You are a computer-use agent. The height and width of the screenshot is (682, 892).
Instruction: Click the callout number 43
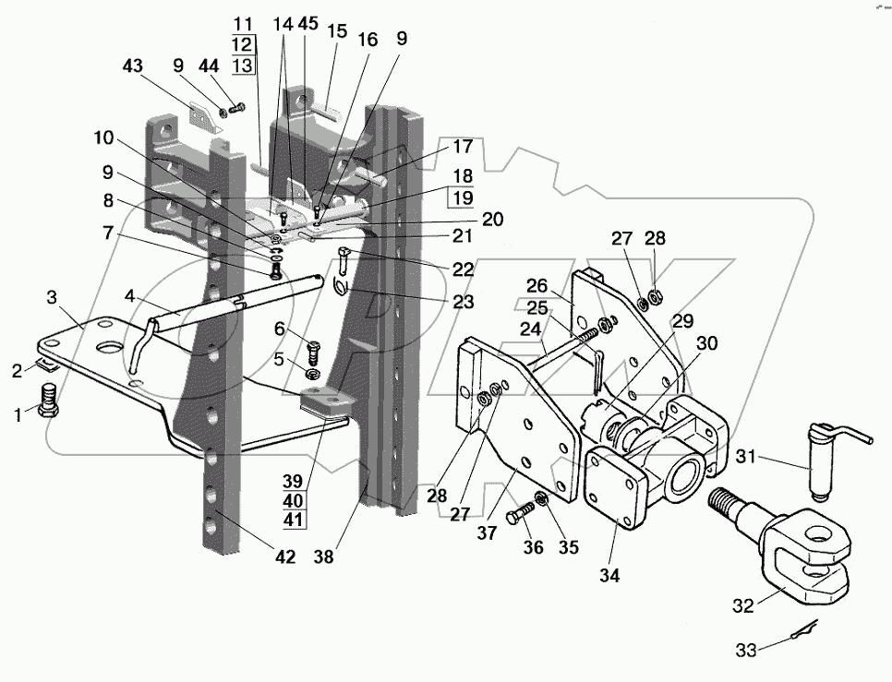click(133, 66)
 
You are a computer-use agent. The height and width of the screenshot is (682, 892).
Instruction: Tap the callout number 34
click(609, 576)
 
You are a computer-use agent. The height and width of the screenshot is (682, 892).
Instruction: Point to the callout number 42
click(285, 557)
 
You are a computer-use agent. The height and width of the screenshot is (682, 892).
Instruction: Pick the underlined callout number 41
click(294, 520)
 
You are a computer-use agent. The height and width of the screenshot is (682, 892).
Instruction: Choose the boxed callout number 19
click(462, 197)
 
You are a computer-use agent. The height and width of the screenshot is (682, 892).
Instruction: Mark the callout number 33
click(746, 650)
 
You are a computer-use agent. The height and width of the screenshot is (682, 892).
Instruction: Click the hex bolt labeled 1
click(50, 401)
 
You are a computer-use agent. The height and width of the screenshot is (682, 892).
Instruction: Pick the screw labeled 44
click(237, 107)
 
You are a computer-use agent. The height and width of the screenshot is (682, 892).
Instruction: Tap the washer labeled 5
click(312, 375)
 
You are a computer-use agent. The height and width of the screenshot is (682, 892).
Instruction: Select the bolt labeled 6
click(313, 352)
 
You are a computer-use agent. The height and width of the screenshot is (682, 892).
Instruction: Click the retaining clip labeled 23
click(339, 284)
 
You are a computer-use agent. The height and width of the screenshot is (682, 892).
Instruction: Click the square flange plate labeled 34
click(616, 486)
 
